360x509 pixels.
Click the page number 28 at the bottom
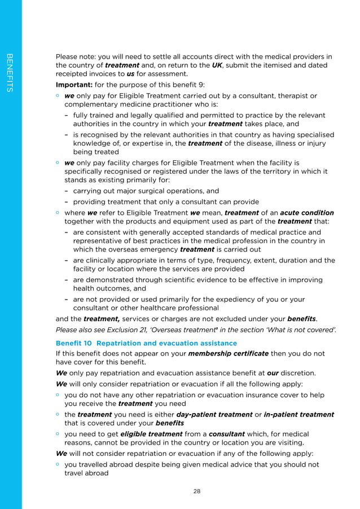pos(196,491)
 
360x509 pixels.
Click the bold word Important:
pos(73,85)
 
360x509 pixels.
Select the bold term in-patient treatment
pos(299,414)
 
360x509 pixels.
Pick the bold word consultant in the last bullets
pos(226,434)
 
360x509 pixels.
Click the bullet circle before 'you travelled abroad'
pos(58,464)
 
